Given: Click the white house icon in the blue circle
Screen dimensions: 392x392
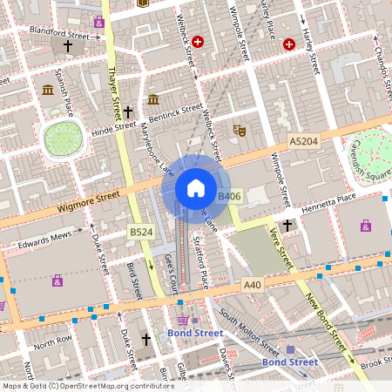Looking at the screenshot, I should coord(196,188).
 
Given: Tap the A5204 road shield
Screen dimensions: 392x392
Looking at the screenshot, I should coord(304,140).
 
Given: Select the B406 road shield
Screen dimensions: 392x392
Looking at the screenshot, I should coord(229,197).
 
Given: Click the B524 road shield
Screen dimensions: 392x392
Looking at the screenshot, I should coord(141,232).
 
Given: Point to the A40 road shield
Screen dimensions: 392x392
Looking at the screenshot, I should coord(253,285).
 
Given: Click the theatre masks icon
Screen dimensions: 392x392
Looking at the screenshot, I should coord(239,131).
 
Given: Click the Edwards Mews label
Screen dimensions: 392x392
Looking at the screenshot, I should coord(46,236).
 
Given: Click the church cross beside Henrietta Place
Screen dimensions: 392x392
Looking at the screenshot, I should coord(287,225).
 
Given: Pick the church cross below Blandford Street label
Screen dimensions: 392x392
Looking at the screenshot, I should coord(67,45).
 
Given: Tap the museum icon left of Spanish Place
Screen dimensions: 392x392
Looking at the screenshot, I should coord(48,90).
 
